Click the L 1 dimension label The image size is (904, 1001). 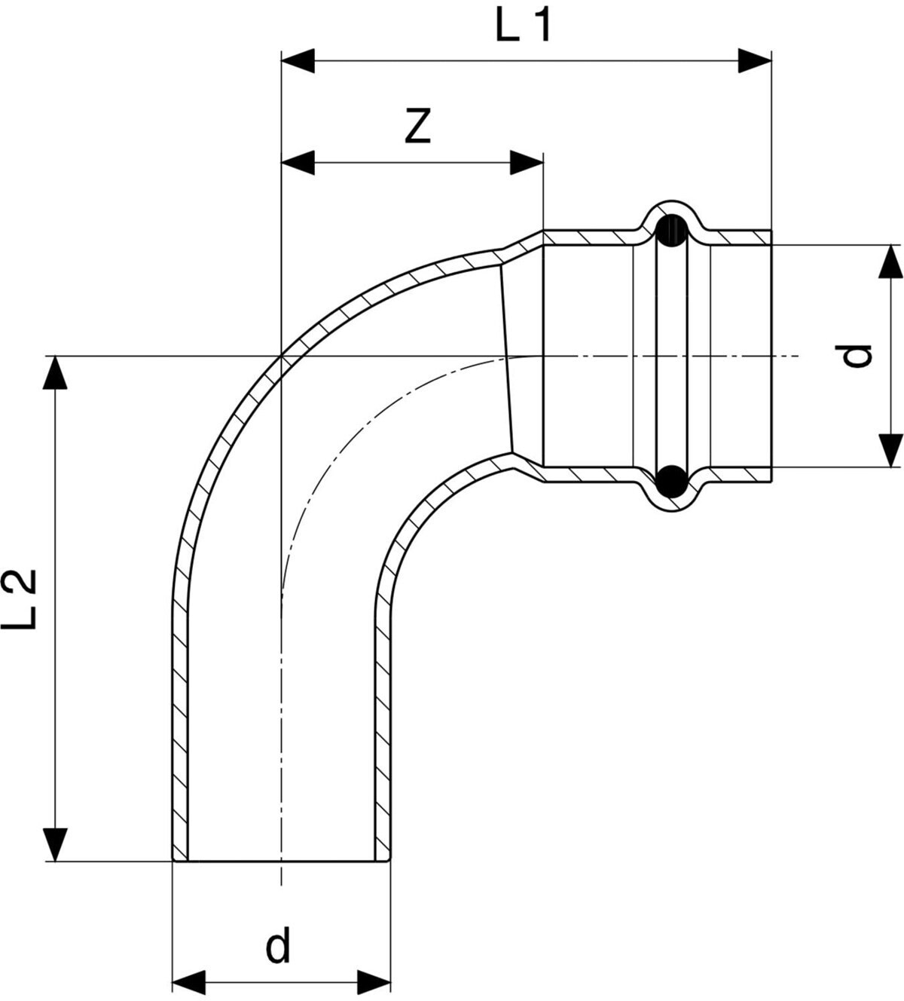(x=524, y=27)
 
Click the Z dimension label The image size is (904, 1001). (x=417, y=126)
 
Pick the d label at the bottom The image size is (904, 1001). (x=278, y=947)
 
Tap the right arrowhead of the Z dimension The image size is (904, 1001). (x=526, y=162)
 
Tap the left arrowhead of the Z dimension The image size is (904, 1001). (x=298, y=162)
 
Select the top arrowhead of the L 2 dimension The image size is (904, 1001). (x=55, y=373)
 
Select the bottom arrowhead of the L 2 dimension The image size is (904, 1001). (x=55, y=843)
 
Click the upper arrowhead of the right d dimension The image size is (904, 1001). (x=891, y=262)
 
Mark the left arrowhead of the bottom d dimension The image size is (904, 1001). (x=190, y=982)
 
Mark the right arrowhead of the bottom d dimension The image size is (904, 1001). (x=374, y=982)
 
